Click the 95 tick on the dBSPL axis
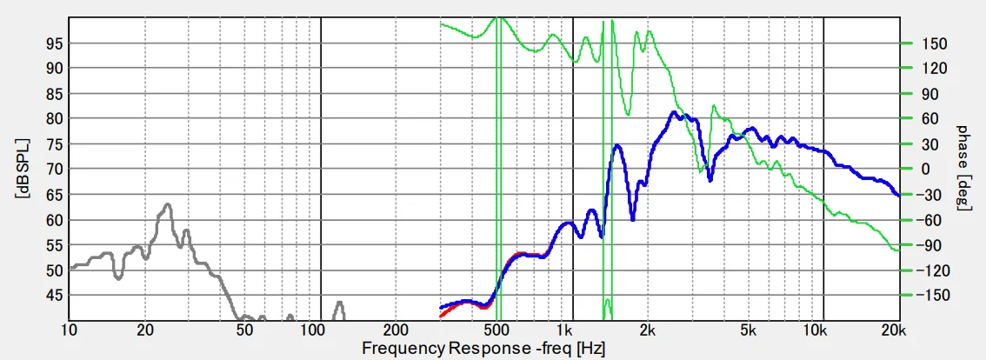[x=56, y=43]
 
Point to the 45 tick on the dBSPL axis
[x=56, y=296]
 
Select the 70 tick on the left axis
[x=56, y=169]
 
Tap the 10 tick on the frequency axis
[x=69, y=331]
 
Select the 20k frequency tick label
[x=895, y=331]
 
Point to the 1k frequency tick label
[x=566, y=331]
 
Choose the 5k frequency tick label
[x=748, y=331]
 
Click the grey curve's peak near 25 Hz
[x=167, y=205]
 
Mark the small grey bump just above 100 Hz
[x=340, y=303]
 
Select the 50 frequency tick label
[x=244, y=331]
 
